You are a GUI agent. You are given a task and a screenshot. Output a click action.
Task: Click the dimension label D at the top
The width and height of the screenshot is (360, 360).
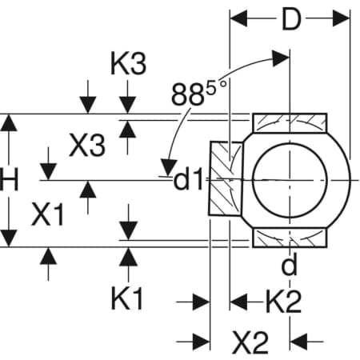pyautogui.click(x=291, y=19)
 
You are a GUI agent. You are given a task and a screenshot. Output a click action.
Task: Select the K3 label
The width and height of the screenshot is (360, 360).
pyautogui.click(x=129, y=64)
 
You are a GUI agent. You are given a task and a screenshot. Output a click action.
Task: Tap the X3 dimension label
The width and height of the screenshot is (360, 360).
pyautogui.click(x=87, y=145)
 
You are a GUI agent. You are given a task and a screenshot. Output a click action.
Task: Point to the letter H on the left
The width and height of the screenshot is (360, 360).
pyautogui.click(x=9, y=180)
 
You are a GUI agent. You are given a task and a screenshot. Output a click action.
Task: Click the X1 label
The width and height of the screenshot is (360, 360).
pyautogui.click(x=48, y=214)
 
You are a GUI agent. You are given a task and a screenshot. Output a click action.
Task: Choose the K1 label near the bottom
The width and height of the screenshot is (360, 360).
pyautogui.click(x=127, y=298)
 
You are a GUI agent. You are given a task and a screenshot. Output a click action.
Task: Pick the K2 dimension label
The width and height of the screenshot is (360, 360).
pyautogui.click(x=284, y=302)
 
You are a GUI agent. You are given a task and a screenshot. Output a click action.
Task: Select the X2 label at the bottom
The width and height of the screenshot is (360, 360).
pyautogui.click(x=250, y=342)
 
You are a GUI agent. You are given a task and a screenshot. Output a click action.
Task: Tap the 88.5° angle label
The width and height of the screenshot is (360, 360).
pyautogui.click(x=199, y=92)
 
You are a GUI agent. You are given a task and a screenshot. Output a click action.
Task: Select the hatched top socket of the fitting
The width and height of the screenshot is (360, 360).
pyautogui.click(x=290, y=123)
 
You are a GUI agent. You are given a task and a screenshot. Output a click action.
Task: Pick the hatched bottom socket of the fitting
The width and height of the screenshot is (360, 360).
pyautogui.click(x=290, y=238)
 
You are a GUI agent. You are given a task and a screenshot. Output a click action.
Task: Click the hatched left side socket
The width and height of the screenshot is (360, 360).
pyautogui.click(x=226, y=178)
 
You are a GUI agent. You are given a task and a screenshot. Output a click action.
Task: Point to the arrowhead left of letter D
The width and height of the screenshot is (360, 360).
pyautogui.click(x=238, y=18)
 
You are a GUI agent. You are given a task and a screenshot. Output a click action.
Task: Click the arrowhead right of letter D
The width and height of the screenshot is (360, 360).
pyautogui.click(x=341, y=18)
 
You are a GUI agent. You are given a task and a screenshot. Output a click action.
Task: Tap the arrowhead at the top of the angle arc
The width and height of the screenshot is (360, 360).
pyautogui.click(x=281, y=58)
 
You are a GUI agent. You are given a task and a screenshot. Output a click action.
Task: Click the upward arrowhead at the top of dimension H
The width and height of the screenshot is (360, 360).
pyautogui.click(x=9, y=122)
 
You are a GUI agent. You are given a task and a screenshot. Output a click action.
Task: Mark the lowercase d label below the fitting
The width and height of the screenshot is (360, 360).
pyautogui.click(x=289, y=265)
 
